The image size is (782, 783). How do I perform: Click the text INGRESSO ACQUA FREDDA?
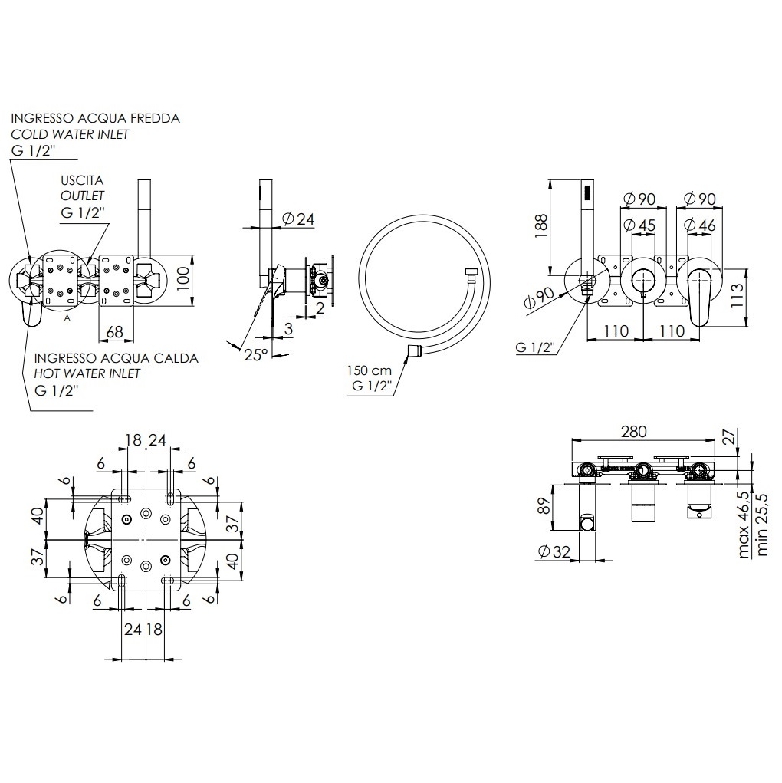click(95, 118)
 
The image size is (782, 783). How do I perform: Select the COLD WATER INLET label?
click(70, 134)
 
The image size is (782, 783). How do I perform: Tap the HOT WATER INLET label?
click(87, 373)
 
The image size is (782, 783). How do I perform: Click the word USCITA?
click(82, 180)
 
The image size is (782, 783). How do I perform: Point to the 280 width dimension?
click(634, 432)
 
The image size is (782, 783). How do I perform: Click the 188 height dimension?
click(541, 225)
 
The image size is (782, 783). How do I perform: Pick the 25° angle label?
click(256, 354)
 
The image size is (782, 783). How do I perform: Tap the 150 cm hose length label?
click(370, 370)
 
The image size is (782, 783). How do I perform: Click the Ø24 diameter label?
click(298, 219)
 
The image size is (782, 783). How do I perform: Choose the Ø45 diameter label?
click(639, 225)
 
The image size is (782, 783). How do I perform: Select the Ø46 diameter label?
click(700, 225)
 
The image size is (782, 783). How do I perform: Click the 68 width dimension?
click(115, 331)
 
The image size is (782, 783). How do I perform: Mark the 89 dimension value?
click(545, 506)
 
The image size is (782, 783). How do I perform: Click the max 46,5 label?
click(744, 525)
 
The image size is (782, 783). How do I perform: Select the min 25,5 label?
click(762, 525)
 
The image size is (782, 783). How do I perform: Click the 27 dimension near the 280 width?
click(730, 436)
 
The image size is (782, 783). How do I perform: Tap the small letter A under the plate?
click(67, 318)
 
